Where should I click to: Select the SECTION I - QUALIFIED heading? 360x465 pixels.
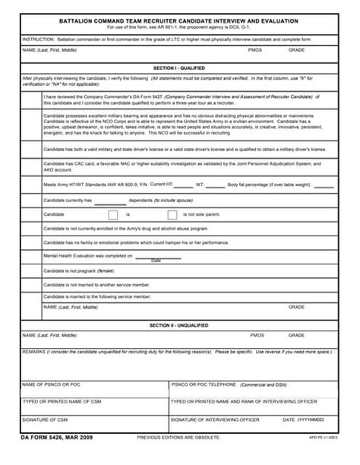click(x=179, y=68)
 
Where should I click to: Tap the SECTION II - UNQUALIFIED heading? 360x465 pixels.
click(x=179, y=325)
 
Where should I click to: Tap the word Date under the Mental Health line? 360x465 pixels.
click(x=156, y=261)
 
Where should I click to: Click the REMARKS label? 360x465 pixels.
click(x=35, y=353)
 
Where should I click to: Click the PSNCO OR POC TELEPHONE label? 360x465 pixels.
click(x=207, y=385)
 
